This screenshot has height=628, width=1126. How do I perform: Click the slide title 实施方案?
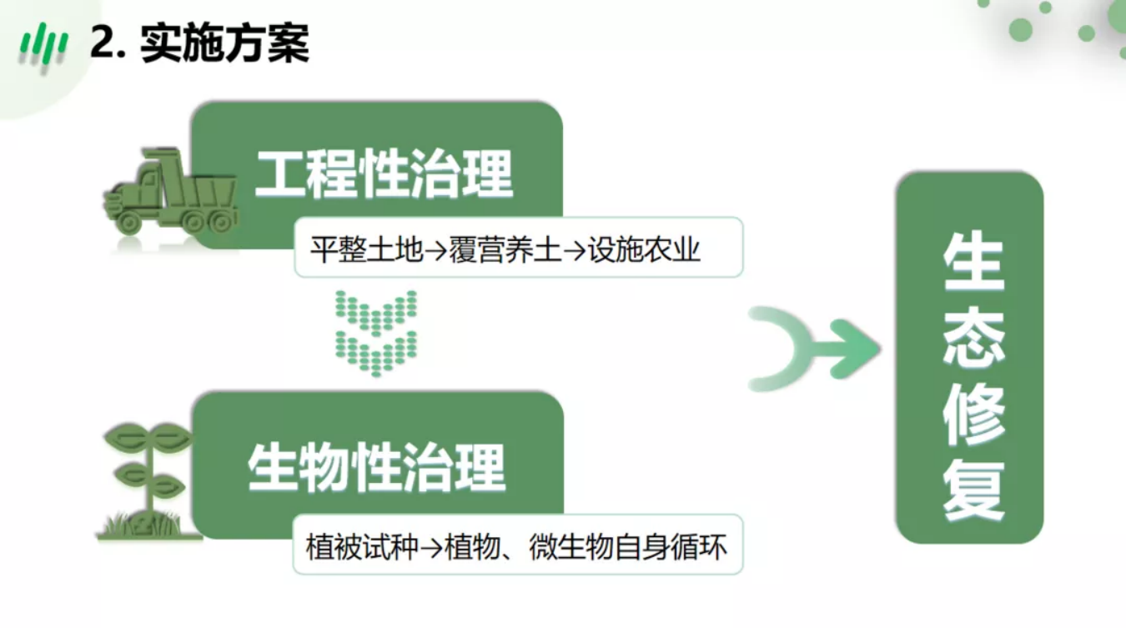click(x=224, y=43)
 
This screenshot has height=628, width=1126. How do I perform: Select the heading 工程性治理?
click(x=385, y=173)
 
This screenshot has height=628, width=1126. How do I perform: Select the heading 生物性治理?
click(x=376, y=468)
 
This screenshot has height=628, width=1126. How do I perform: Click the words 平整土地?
click(x=366, y=249)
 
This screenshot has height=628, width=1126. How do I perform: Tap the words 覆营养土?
click(x=505, y=249)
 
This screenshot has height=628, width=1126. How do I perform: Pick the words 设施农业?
click(x=644, y=249)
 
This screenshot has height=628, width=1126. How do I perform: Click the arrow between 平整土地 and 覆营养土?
click(x=436, y=250)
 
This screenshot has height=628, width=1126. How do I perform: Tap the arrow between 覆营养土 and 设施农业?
click(x=575, y=250)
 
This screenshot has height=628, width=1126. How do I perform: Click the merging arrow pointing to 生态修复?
click(x=814, y=349)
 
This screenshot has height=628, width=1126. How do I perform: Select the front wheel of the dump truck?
click(x=128, y=221)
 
